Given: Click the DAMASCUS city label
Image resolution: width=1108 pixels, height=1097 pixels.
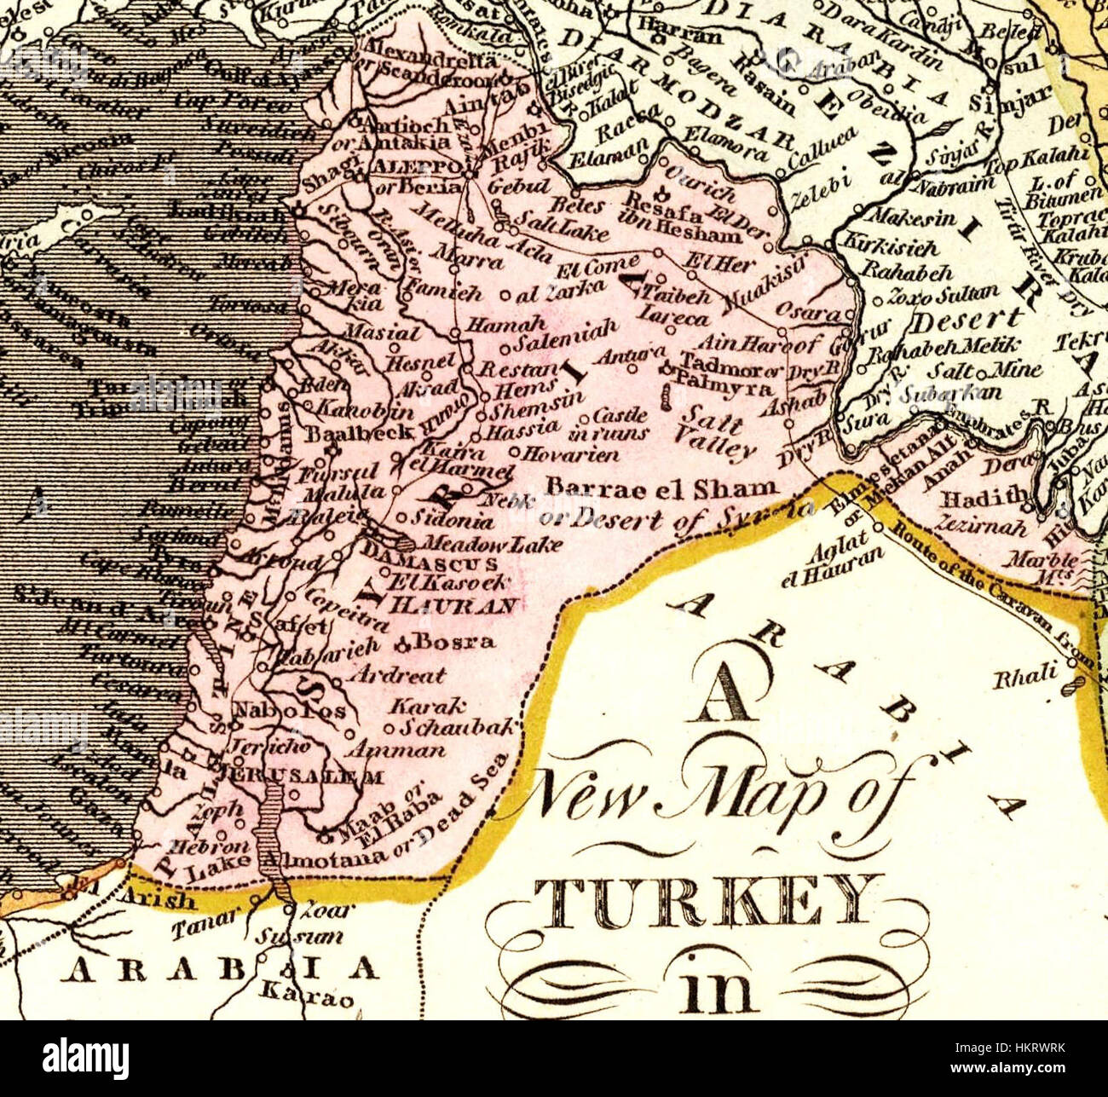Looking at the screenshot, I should [x=430, y=564].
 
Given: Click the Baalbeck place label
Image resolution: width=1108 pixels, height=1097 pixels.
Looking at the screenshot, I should [x=361, y=432].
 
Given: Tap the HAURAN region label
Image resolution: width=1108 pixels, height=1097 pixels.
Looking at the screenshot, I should [x=453, y=606].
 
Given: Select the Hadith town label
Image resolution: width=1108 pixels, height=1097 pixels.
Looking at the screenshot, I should [x=989, y=495].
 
